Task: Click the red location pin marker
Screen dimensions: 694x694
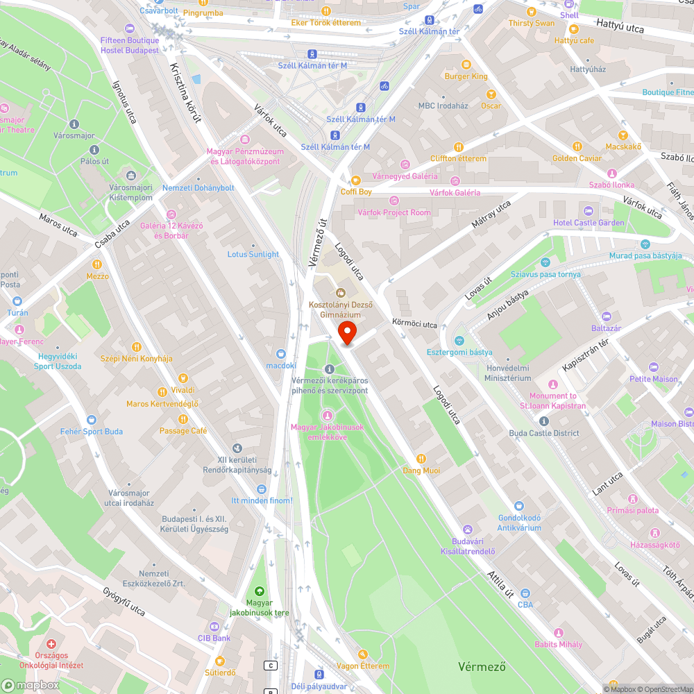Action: click(346, 334)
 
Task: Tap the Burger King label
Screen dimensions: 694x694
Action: click(466, 76)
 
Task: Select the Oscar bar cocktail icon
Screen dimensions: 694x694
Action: click(491, 94)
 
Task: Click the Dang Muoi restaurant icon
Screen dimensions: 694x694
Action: click(421, 459)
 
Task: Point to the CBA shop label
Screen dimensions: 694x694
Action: click(525, 604)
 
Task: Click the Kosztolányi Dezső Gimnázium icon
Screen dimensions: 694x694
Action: click(341, 293)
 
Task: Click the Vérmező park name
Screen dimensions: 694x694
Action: click(481, 667)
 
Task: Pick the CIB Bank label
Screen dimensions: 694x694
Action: click(214, 638)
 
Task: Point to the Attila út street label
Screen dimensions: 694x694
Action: click(500, 584)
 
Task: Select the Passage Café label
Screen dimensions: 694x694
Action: click(183, 431)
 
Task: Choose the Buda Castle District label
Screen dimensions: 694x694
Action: click(543, 433)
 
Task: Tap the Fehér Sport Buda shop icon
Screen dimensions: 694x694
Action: click(91, 420)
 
